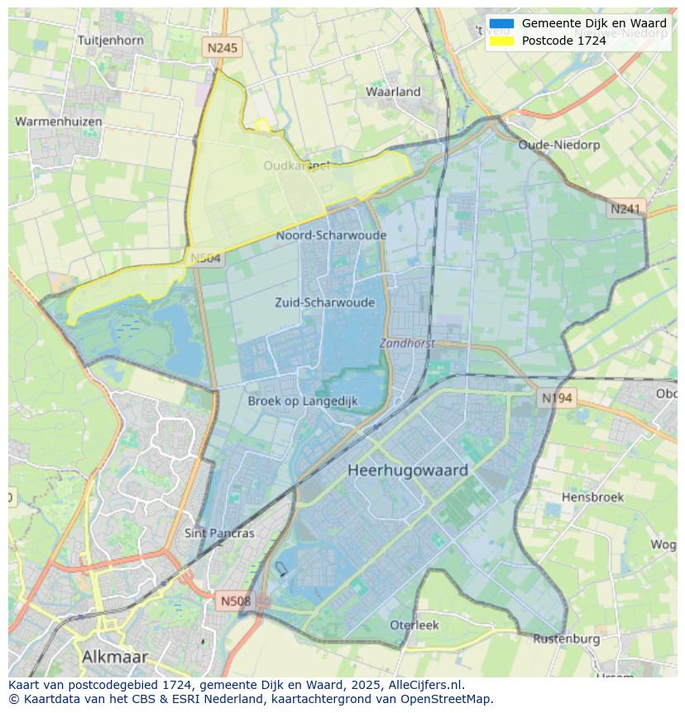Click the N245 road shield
coord(222,48)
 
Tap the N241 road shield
coord(625,210)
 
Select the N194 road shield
coord(557,398)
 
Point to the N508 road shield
coord(236,600)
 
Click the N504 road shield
coord(206,258)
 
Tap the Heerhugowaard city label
coord(408,470)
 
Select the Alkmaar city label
coord(115,657)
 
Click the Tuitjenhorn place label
coord(110,40)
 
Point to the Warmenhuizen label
coord(59,122)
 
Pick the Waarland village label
coord(394,92)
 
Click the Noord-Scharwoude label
coord(331,235)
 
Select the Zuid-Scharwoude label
coord(325,302)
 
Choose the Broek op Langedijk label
coord(303,401)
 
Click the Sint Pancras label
coord(219,533)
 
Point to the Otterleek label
coord(414,625)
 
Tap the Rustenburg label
coord(567,638)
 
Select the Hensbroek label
coord(592,498)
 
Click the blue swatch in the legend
coord(501,24)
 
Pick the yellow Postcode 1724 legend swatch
coord(501,41)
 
